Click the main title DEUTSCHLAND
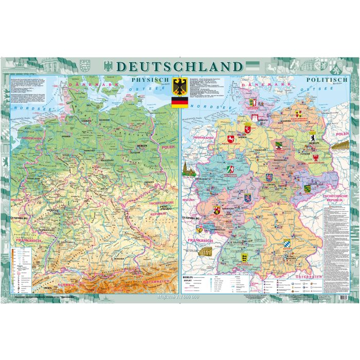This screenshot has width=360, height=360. click(179, 67)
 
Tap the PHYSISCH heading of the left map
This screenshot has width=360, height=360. click(150, 80)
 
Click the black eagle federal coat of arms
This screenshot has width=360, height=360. click(179, 86)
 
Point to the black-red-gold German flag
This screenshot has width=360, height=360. click(179, 102)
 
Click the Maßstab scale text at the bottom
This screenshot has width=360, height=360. click(179, 297)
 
